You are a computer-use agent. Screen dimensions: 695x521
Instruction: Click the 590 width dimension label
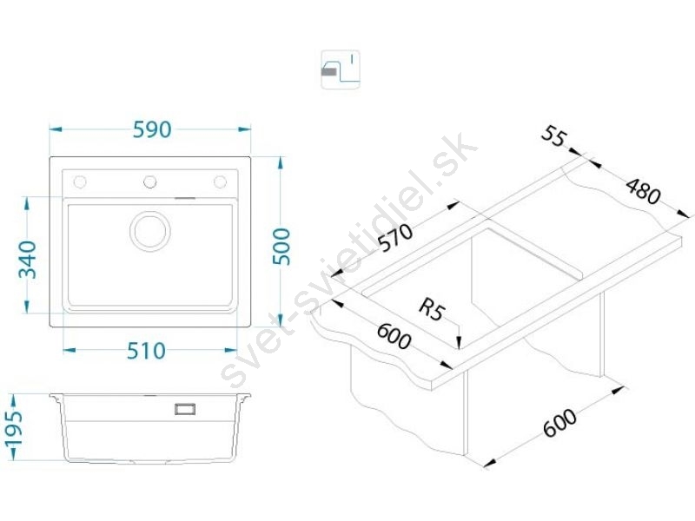152,129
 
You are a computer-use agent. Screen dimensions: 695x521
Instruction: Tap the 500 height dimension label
281,247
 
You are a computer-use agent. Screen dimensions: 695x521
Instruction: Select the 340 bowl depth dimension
27,259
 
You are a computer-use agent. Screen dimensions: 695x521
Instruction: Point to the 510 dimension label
146,351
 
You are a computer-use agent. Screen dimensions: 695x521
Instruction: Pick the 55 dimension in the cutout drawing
554,136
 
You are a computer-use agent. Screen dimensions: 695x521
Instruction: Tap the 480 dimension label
643,191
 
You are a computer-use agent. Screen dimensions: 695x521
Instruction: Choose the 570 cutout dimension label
396,238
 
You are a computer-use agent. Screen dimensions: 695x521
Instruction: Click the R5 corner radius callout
431,309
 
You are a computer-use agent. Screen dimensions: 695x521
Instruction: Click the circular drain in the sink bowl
150,231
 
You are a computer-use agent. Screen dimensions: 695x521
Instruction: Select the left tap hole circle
80,181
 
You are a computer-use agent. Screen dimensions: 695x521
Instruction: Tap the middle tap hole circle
149,181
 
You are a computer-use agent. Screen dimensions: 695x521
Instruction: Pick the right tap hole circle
221,181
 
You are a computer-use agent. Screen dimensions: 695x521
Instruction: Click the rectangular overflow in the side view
185,409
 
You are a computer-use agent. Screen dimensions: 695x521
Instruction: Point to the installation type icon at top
341,69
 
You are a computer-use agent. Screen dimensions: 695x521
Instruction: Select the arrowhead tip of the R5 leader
460,348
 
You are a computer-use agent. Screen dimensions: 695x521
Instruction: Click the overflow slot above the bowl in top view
185,198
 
